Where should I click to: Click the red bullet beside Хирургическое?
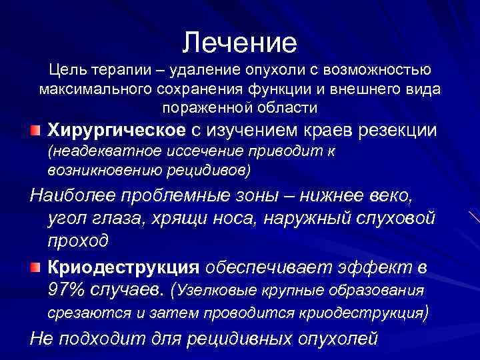(x=53, y=129)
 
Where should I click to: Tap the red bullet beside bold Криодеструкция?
(x=53, y=268)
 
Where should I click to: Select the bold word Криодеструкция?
(x=124, y=268)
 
